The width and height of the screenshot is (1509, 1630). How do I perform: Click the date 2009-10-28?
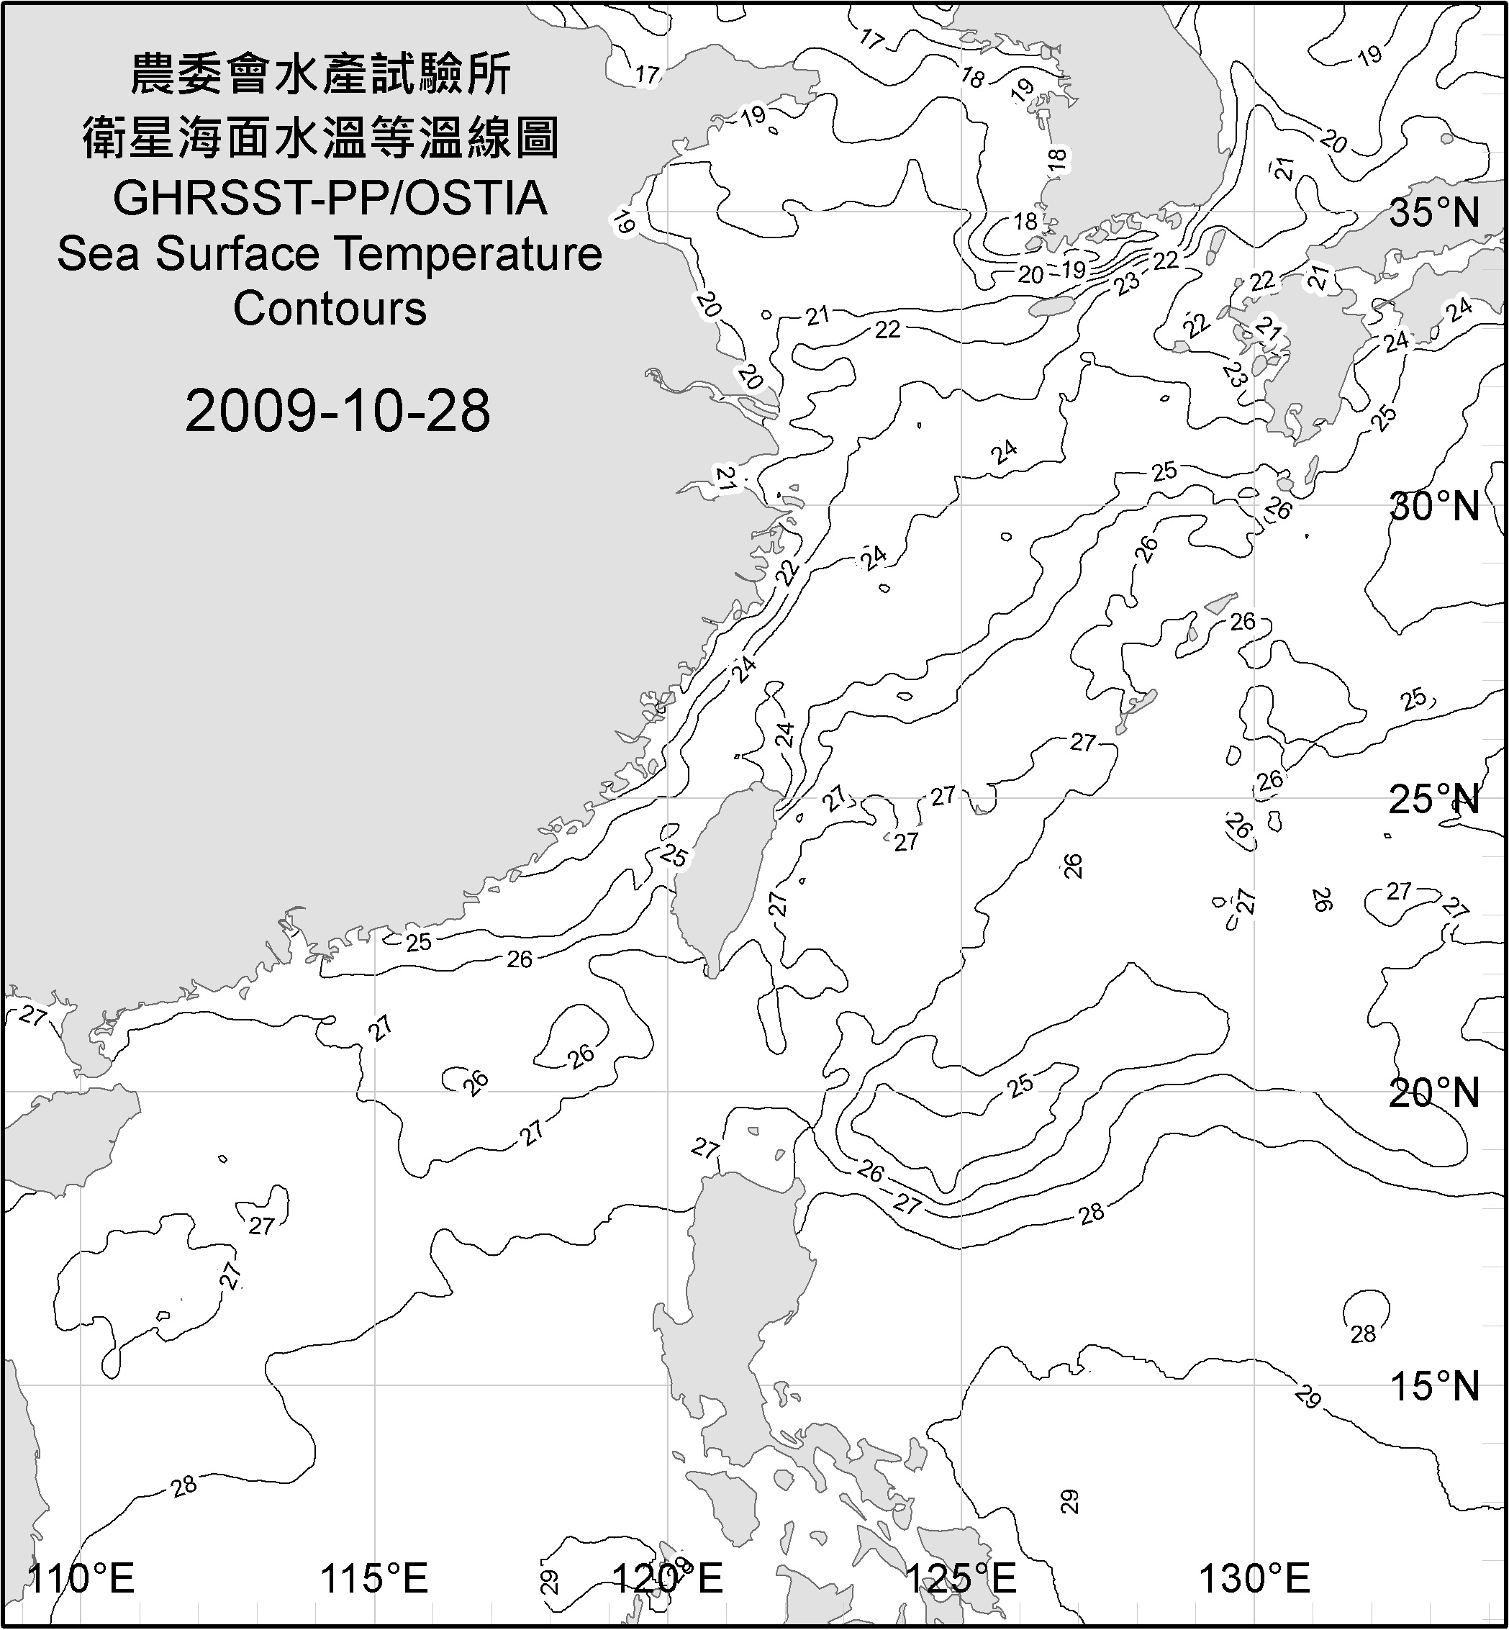click(x=337, y=411)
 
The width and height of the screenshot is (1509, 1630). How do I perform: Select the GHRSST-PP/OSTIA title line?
click(x=330, y=199)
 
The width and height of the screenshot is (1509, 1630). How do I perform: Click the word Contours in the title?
click(x=330, y=309)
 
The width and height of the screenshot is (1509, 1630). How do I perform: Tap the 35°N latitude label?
click(x=1435, y=213)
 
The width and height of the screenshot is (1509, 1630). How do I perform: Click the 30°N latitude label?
click(x=1435, y=507)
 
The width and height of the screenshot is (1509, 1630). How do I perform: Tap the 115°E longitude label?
click(x=375, y=1579)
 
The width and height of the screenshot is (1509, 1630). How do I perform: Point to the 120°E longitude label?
click(x=668, y=1579)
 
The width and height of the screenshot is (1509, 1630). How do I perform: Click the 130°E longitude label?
click(x=1255, y=1579)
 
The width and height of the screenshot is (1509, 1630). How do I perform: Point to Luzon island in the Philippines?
click(x=735, y=1290)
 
